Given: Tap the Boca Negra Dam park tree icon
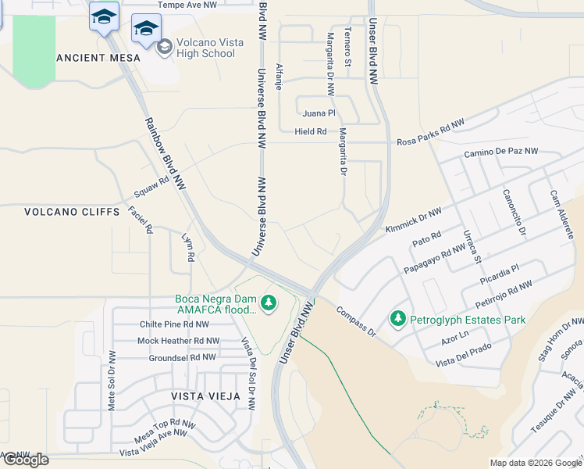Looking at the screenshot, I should click(269, 302).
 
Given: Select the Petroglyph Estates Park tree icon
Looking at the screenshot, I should click(398, 319).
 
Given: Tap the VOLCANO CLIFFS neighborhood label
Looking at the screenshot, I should click(72, 212).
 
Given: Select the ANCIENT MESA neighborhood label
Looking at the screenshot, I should click(99, 58).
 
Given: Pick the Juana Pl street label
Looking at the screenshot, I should click(319, 113).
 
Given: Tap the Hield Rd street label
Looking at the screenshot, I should click(311, 131).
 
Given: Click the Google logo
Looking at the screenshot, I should click(26, 460).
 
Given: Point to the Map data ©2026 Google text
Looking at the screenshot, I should click(535, 463).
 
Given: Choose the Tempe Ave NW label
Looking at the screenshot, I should click(187, 5).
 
